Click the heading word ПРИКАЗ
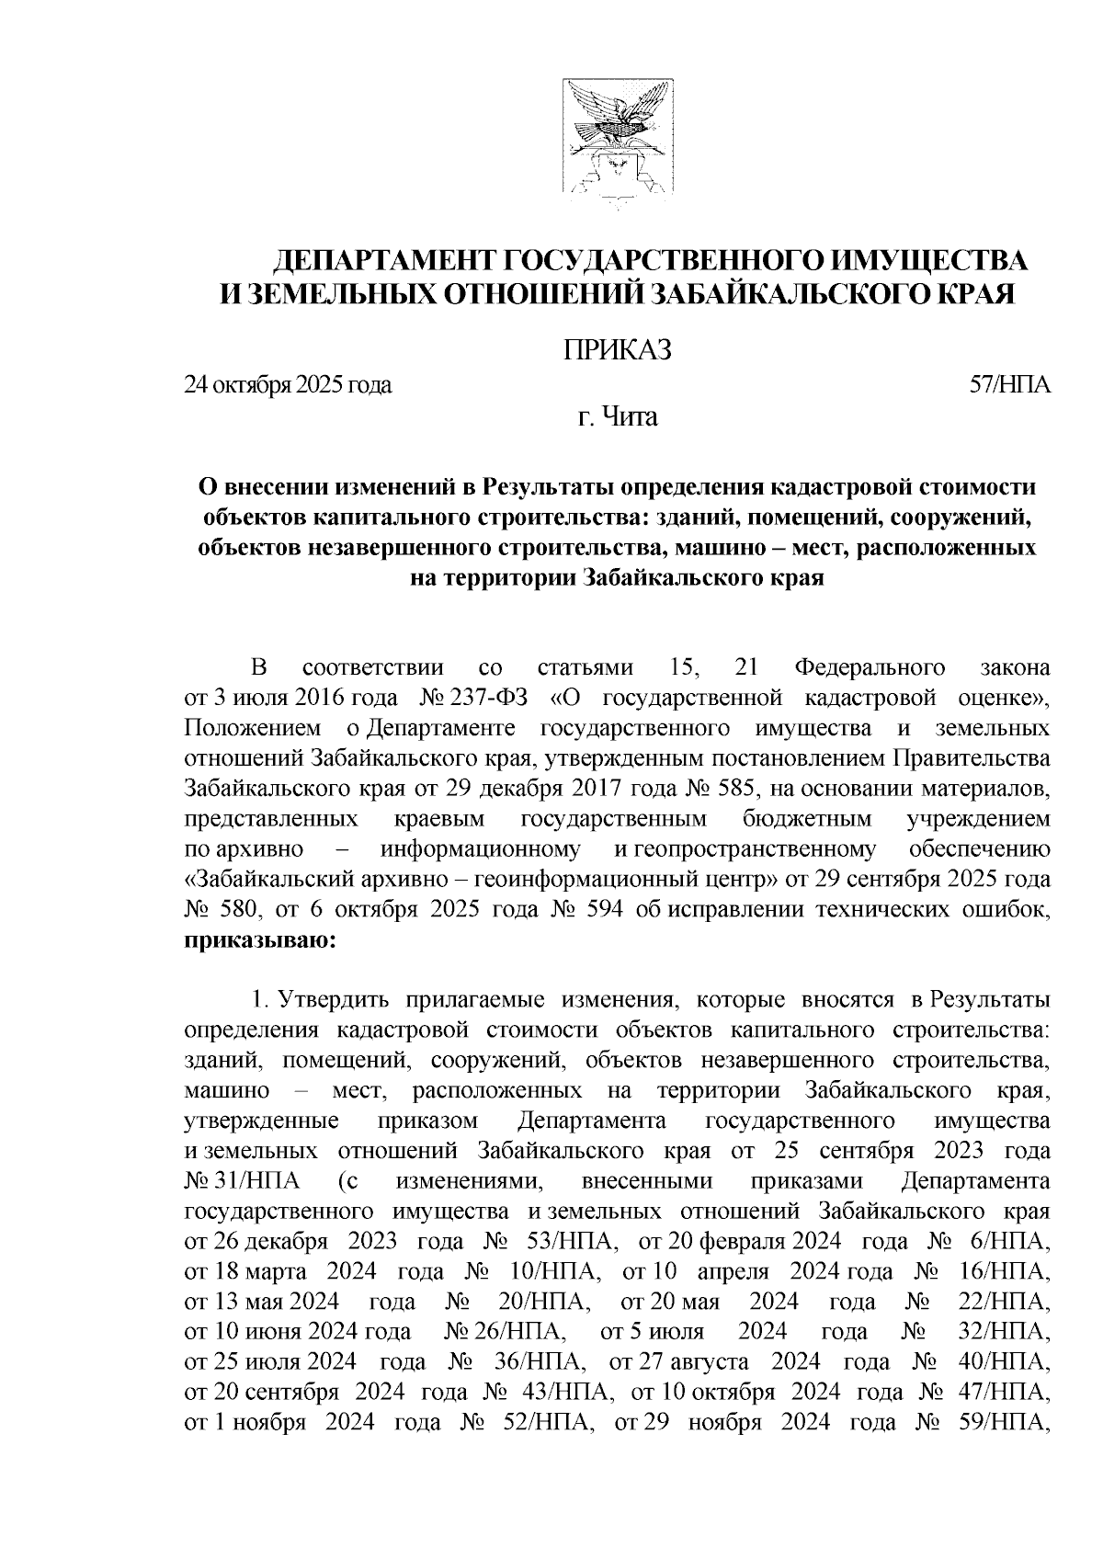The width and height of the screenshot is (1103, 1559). pos(617,350)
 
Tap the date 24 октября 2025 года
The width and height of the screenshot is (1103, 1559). pos(288,385)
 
